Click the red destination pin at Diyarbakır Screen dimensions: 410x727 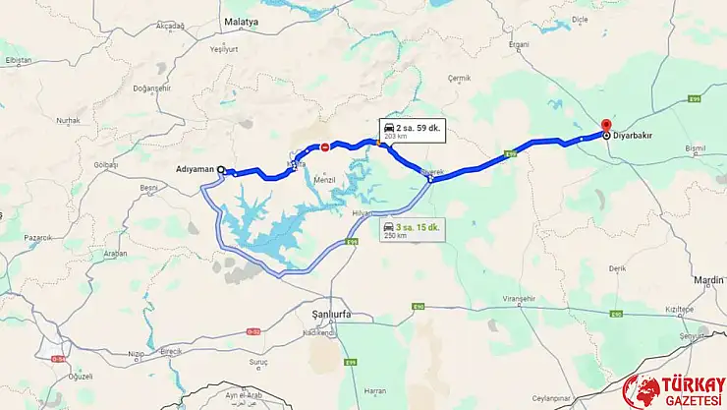tap(605, 127)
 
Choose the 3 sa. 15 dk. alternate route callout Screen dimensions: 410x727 tap(413, 230)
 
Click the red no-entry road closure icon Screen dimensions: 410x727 tap(325, 147)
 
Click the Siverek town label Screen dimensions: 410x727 tap(432, 171)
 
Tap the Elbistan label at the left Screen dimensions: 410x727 tap(18, 60)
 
